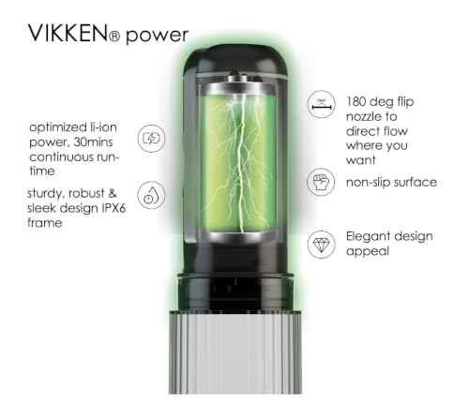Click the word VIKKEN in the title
click(68, 33)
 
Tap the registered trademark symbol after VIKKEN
click(114, 37)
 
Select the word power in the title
click(157, 36)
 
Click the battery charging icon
click(151, 139)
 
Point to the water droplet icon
click(151, 195)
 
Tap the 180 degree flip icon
click(322, 104)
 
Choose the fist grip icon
click(321, 182)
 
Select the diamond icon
click(321, 245)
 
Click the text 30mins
click(93, 142)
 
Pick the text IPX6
click(113, 208)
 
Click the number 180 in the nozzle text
click(356, 102)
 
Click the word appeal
click(368, 251)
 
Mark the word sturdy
click(46, 194)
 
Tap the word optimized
click(57, 127)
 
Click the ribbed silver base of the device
click(235, 352)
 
